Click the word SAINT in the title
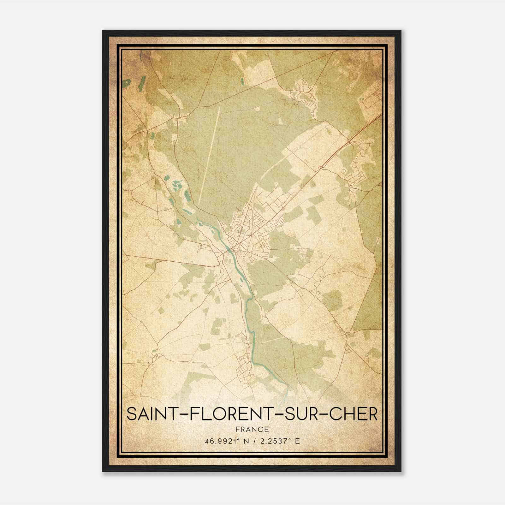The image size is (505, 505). coord(148,414)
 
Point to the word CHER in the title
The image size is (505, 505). coord(352,414)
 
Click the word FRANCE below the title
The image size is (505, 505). coord(252,429)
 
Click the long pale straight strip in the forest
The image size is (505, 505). coord(209,155)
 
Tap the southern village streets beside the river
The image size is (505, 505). coord(245,363)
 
